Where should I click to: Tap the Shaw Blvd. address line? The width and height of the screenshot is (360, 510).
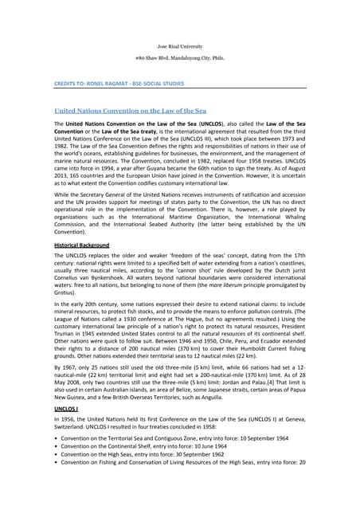coord(179,60)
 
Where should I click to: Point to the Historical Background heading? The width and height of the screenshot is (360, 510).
coord(81,245)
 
